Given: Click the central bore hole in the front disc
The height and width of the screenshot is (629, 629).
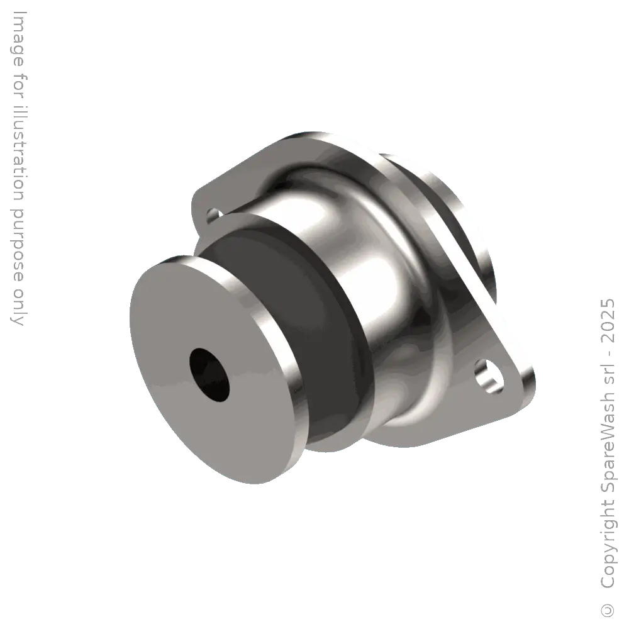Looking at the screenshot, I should [x=209, y=374].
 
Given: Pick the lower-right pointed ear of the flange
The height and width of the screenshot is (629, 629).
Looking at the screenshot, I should [x=513, y=384].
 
